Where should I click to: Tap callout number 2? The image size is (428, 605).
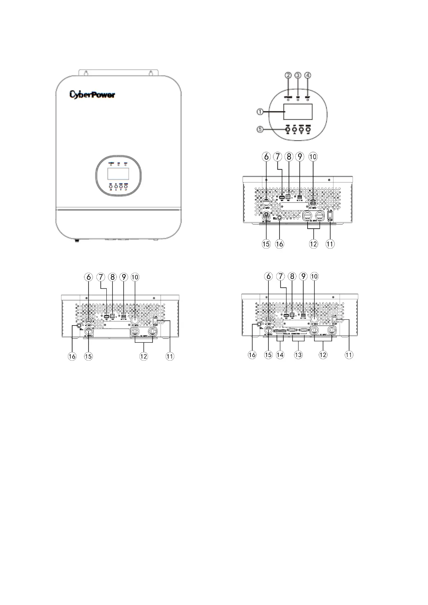tap(288, 75)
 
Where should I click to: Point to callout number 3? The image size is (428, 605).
tap(298, 75)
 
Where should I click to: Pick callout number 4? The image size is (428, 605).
tap(308, 75)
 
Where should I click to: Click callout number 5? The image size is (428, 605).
tap(260, 130)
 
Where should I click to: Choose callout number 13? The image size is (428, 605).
tap(298, 355)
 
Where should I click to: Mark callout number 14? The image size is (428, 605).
tap(280, 355)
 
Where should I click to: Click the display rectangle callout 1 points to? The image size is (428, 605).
tap(298, 112)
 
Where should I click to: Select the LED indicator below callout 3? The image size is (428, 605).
tap(298, 100)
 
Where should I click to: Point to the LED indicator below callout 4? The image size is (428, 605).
tap(308, 100)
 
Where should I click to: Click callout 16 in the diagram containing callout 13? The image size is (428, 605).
tap(252, 355)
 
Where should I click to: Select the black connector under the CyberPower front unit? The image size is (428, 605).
tap(76, 240)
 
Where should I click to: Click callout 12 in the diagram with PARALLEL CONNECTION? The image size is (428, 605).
tap(323, 355)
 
